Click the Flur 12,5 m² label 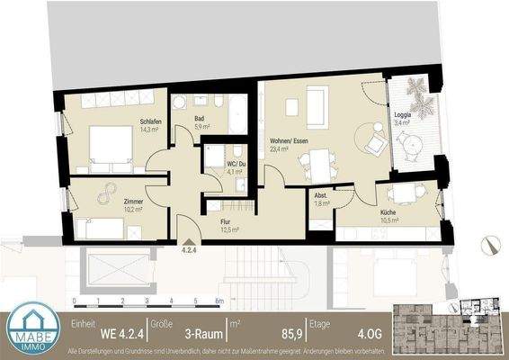click(x=231, y=224)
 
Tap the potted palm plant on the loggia click(x=417, y=91)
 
